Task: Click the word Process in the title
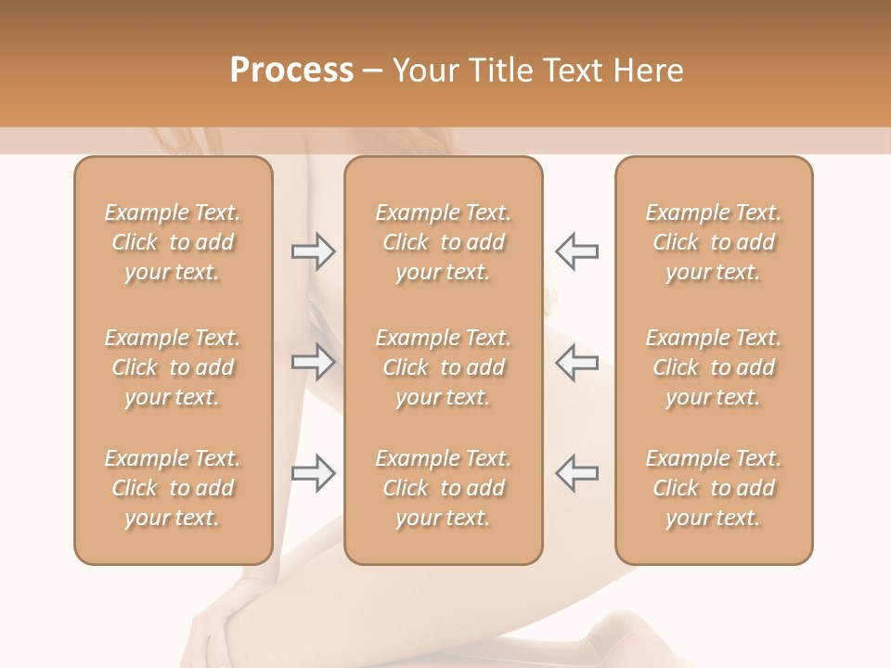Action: [291, 71]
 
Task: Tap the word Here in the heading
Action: [647, 71]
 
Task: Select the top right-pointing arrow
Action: [313, 251]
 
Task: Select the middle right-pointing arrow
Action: [313, 362]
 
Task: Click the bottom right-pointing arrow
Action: [313, 473]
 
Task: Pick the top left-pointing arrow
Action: [576, 251]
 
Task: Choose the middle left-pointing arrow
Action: [576, 362]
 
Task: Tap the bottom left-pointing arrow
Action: [576, 473]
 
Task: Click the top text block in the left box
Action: [173, 242]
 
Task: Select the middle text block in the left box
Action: [173, 367]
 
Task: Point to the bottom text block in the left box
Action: [173, 488]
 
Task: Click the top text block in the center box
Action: [444, 242]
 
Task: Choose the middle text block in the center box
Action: [444, 367]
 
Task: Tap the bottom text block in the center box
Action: [444, 488]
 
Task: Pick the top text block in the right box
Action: [714, 242]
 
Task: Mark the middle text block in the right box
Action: [714, 367]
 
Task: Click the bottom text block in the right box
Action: [714, 488]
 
